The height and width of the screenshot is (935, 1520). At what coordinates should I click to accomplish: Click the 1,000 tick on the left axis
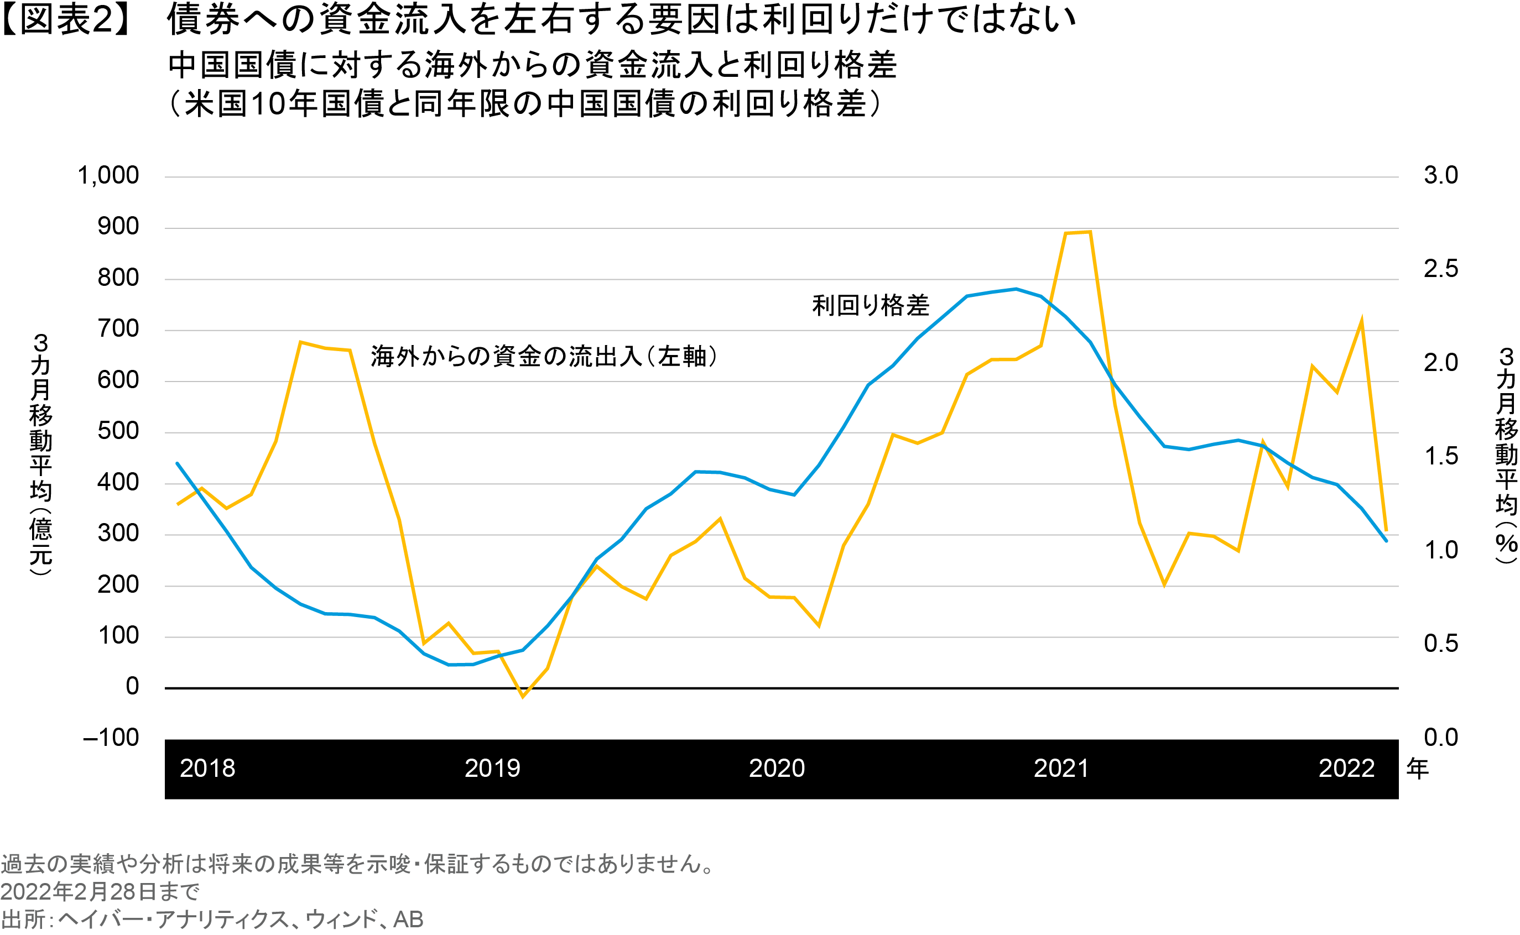pos(108,176)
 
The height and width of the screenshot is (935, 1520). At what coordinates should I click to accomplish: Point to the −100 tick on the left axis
pos(111,737)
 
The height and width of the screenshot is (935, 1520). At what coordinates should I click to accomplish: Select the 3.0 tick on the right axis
pos(1440,176)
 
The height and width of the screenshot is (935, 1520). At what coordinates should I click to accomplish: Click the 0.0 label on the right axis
pos(1440,737)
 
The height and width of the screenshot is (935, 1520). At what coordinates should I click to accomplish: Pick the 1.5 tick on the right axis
pos(1440,456)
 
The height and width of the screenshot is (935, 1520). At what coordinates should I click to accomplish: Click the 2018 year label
pos(207,769)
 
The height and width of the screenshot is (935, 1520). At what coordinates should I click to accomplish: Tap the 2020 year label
pos(777,769)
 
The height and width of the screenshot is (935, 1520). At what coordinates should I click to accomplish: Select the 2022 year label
pos(1346,769)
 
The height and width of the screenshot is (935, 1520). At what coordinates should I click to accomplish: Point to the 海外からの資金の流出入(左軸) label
pos(544,356)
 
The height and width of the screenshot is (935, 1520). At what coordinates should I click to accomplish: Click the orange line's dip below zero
pos(523,697)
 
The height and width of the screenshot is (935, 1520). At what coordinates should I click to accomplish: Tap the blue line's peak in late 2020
pos(1016,289)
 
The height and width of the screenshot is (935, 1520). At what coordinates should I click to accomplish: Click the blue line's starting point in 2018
pos(178,463)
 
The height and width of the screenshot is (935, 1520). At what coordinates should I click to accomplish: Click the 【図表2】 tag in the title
pos(65,20)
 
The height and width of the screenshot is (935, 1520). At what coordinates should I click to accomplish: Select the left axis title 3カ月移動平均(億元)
pos(41,455)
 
